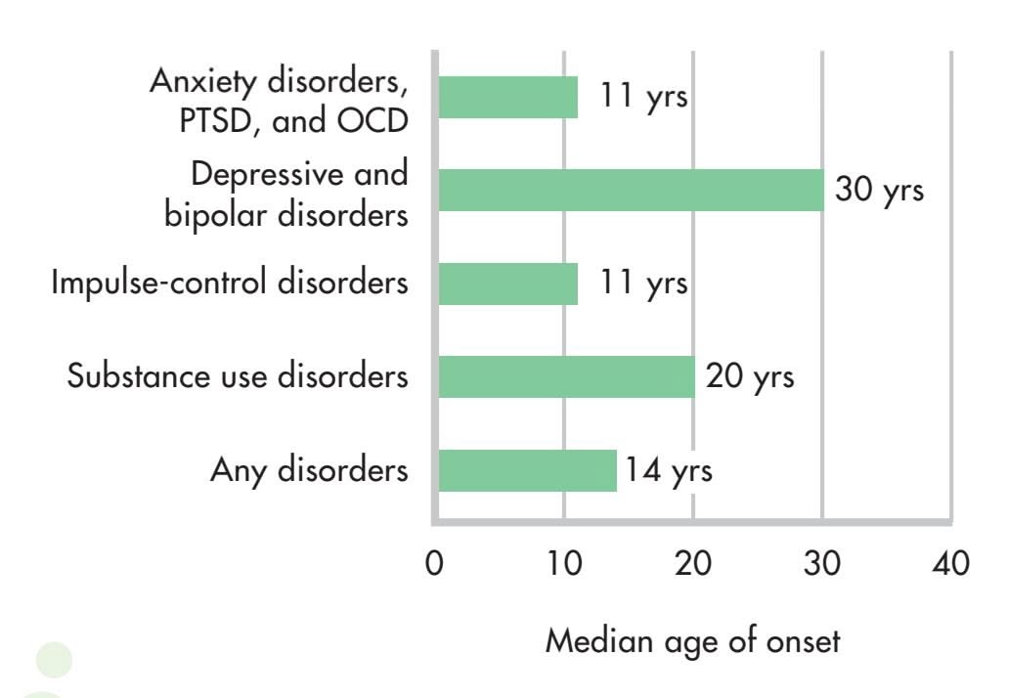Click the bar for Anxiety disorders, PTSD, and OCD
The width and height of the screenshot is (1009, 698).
tap(507, 97)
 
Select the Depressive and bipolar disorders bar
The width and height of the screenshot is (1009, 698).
tap(631, 190)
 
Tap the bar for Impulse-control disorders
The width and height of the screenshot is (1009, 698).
tap(507, 284)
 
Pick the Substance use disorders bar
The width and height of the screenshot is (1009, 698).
tap(566, 376)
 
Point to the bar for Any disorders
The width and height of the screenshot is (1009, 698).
tap(527, 470)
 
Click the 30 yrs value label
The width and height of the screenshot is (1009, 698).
tap(879, 190)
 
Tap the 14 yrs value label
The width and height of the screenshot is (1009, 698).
tap(670, 470)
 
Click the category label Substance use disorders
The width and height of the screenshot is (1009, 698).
tap(238, 376)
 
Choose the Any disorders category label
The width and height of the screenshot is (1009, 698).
tap(309, 470)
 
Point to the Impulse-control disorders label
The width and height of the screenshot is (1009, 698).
tap(228, 284)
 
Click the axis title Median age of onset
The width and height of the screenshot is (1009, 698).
tap(692, 642)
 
